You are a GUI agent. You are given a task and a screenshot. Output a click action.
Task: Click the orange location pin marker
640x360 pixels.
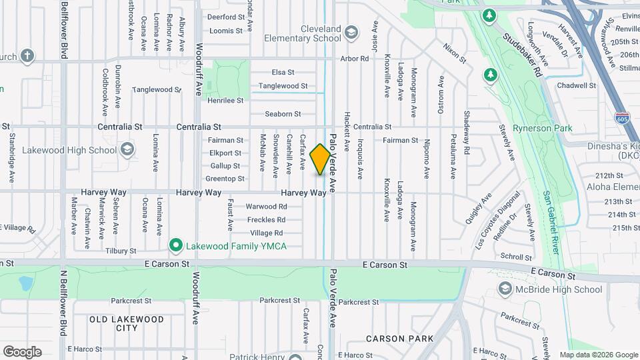(x=320, y=159)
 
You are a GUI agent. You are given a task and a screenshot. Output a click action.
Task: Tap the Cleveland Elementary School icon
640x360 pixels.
(x=351, y=31)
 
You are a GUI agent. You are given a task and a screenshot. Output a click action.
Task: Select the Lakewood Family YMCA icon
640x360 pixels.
(x=176, y=246)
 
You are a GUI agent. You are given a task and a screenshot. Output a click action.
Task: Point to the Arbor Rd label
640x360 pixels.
(x=355, y=59)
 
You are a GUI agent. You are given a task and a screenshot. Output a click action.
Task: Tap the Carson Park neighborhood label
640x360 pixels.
(x=399, y=339)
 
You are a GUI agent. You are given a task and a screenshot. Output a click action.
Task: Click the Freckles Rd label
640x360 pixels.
(x=266, y=219)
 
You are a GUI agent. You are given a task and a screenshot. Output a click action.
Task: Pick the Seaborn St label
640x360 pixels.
(x=283, y=114)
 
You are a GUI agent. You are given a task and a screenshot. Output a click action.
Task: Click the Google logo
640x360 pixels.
(x=22, y=351)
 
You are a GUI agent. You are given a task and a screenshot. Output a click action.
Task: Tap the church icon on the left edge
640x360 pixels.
(x=27, y=56)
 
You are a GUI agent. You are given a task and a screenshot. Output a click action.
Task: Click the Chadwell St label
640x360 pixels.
(x=576, y=85)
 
